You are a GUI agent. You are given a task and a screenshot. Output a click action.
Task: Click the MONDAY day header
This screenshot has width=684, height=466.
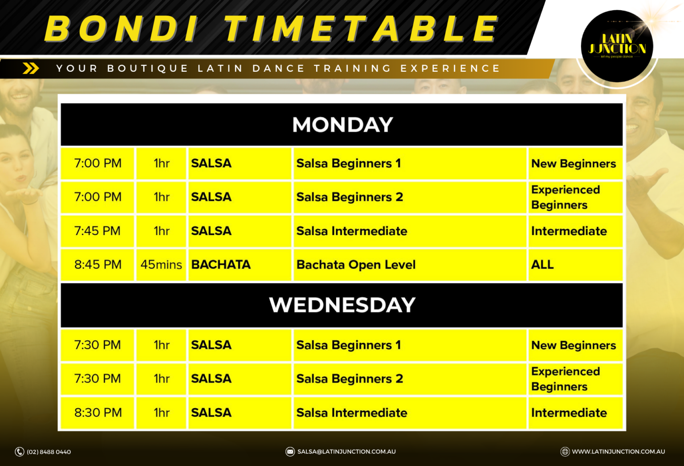(342, 125)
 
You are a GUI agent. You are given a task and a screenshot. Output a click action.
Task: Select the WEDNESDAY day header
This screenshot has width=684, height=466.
(342, 305)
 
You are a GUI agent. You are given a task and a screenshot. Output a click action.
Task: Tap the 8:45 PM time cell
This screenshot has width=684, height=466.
(98, 265)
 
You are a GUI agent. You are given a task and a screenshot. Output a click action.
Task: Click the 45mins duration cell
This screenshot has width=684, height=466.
(161, 265)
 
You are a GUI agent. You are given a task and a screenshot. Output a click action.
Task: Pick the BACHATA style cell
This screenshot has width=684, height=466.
(221, 265)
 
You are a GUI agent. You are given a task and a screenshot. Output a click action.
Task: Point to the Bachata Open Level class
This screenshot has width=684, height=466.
(356, 265)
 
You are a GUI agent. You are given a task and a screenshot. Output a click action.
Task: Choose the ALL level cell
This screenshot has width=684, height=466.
(542, 265)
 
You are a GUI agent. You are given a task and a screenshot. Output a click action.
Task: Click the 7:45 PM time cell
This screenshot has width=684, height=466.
(98, 231)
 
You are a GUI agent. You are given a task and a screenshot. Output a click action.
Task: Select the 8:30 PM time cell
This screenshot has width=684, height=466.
(98, 413)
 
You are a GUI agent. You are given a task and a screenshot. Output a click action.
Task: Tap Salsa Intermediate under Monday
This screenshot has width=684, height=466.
(352, 231)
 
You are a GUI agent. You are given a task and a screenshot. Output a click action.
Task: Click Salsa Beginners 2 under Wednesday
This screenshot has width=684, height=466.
(350, 379)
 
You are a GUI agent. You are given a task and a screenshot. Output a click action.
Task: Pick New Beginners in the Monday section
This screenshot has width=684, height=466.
(574, 164)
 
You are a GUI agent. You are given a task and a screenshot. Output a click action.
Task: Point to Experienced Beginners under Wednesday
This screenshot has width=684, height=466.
(566, 379)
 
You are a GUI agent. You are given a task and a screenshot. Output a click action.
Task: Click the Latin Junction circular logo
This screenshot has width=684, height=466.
(617, 46)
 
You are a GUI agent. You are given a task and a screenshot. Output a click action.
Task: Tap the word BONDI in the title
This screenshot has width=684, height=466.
(121, 29)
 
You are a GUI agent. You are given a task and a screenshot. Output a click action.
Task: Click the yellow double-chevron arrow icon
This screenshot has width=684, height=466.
(31, 68)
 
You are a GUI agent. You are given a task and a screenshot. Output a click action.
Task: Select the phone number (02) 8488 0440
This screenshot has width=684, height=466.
(49, 452)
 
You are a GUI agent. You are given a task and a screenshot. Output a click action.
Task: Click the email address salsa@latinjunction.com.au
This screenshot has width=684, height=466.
(346, 452)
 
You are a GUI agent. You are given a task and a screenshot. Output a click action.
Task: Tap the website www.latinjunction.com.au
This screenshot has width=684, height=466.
(618, 452)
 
